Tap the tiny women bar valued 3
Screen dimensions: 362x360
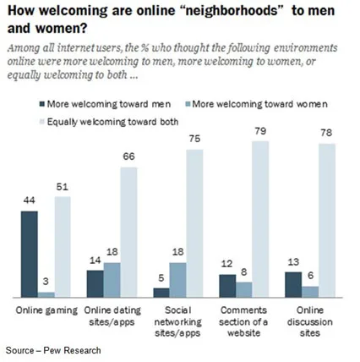click(x=46, y=293)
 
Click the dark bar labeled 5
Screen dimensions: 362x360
click(x=160, y=292)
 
